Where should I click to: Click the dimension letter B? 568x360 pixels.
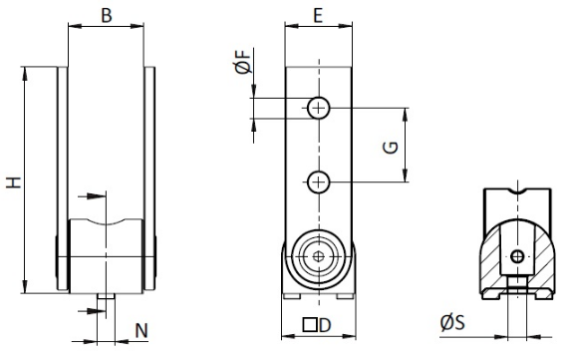click(x=107, y=16)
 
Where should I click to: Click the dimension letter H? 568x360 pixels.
click(x=14, y=182)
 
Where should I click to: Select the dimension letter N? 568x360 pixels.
click(x=142, y=331)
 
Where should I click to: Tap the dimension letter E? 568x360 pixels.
click(x=318, y=16)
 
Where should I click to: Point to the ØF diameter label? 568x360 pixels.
click(x=243, y=62)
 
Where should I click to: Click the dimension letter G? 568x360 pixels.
click(x=391, y=148)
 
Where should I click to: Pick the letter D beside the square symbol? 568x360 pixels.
click(x=325, y=325)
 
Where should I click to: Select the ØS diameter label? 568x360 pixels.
click(x=452, y=322)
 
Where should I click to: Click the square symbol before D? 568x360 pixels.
click(x=309, y=325)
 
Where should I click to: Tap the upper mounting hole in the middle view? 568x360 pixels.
click(x=319, y=108)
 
